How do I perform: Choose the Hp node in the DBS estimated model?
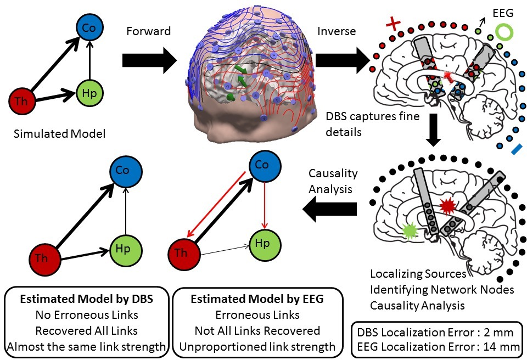125,249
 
